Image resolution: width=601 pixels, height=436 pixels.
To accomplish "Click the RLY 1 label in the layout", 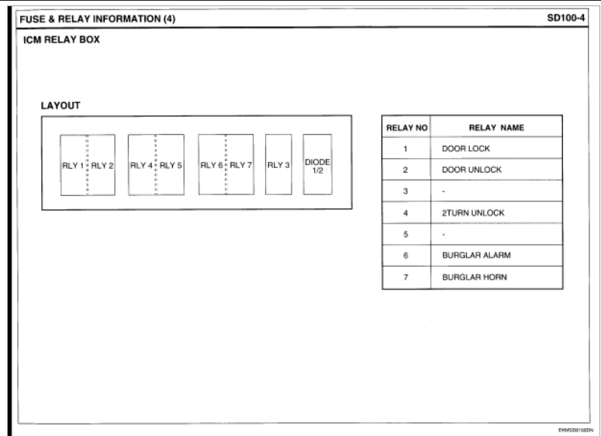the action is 73,165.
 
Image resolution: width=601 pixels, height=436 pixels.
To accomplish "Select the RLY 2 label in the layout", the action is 103,165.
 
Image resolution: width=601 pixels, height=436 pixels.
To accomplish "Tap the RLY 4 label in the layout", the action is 141,165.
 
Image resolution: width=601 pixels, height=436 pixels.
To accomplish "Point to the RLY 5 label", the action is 171,165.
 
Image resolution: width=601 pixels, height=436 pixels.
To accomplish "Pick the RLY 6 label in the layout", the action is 212,165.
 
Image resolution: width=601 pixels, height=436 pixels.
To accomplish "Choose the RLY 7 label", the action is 240,165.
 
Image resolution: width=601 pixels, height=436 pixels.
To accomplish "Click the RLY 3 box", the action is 278,165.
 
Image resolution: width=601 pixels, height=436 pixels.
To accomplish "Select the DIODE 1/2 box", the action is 317,165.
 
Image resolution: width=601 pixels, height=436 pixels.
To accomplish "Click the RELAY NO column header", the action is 406,128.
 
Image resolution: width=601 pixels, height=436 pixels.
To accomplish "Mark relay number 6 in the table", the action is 406,254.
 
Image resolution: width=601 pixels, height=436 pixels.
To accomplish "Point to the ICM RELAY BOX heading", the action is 54,42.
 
